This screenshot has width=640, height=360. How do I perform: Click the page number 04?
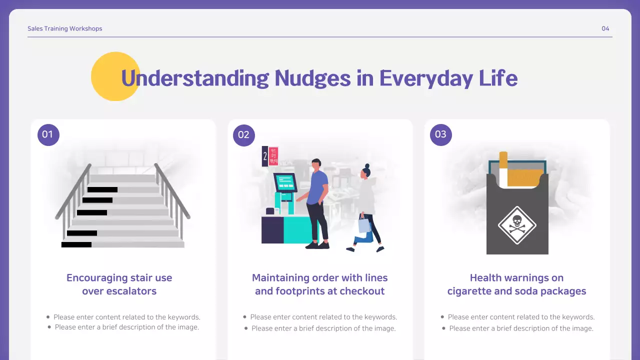point(605,28)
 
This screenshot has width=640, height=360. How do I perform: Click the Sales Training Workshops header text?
point(65,28)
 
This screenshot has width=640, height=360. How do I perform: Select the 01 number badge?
point(48,134)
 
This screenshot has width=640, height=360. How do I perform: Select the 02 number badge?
point(244,134)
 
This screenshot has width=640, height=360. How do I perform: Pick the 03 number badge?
point(440,134)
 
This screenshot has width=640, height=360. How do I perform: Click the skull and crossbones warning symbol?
point(517,225)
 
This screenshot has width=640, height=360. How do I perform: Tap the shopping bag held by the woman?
point(364,225)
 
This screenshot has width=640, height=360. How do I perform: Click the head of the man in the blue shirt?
point(315,165)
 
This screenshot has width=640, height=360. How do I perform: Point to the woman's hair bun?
point(367,166)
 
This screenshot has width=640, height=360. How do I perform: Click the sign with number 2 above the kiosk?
point(265,156)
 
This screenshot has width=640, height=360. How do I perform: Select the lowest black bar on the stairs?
point(76,244)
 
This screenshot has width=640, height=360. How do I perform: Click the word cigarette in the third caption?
point(471,291)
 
